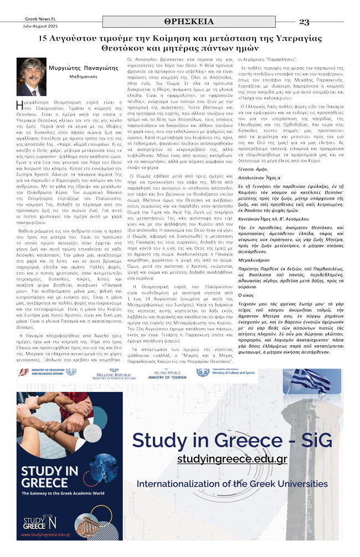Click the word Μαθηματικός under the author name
tap(84, 76)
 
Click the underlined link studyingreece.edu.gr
tap(232, 459)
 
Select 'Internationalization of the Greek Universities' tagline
tap(232, 484)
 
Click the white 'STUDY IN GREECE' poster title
tap(45, 479)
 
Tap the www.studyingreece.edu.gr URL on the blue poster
tap(46, 534)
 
